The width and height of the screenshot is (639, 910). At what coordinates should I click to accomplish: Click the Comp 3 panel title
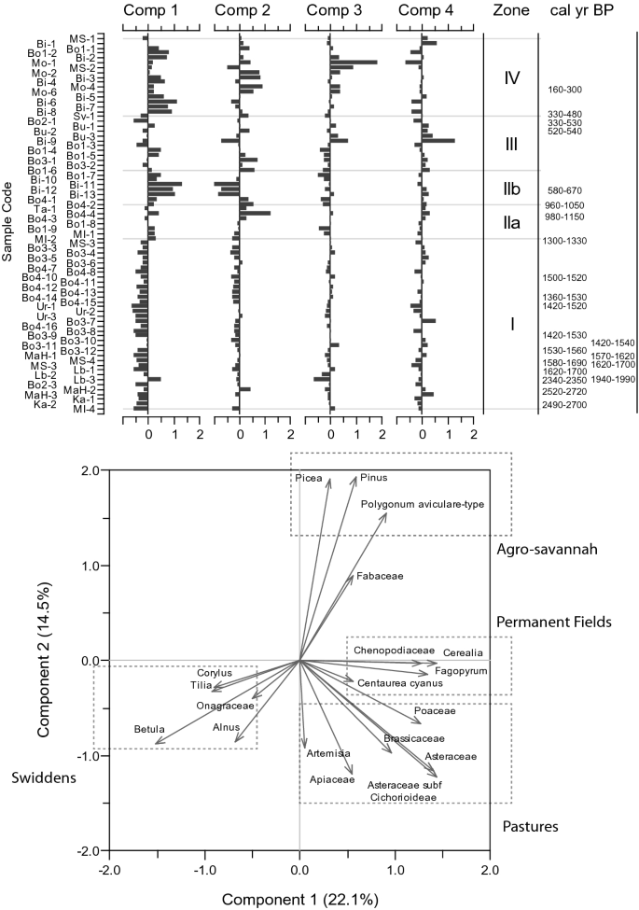point(335,10)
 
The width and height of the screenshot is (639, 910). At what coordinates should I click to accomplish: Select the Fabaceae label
point(380,576)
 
